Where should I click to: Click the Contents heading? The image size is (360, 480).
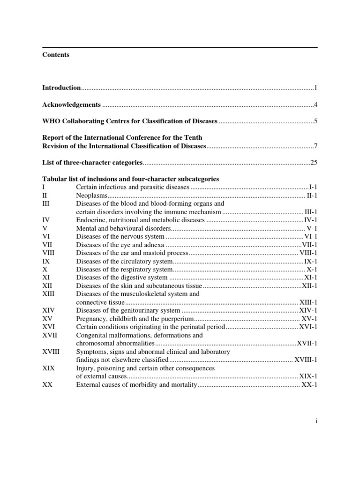tap(56, 55)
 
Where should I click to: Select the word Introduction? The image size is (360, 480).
tap(61, 88)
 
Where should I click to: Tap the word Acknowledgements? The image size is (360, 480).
tap(71, 105)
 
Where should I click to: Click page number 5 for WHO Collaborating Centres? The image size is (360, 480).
tap(316, 121)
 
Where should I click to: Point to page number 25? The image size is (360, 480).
tap(314, 163)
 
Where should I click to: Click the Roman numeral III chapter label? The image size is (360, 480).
tap(45, 204)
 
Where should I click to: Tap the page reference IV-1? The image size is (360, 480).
tap(311, 220)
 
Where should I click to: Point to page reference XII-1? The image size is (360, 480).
tap(309, 285)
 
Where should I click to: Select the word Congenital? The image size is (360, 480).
tap(92, 335)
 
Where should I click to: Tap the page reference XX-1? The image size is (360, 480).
tap(309, 385)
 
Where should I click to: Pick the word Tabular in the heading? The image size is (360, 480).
tap(53, 179)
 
